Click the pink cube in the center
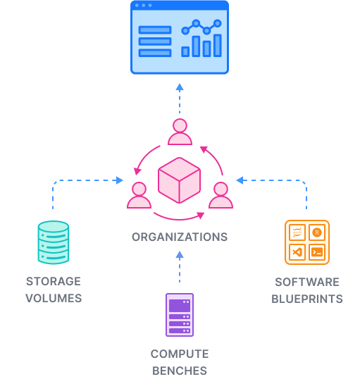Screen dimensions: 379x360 pos(180,181)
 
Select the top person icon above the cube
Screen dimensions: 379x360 pos(180,132)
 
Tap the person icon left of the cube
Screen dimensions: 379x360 pos(139,195)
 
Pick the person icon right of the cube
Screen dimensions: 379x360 pos(221,195)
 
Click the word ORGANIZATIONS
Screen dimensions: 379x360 pos(180,237)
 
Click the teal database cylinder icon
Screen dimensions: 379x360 pos(54,243)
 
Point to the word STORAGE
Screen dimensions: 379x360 pos(54,281)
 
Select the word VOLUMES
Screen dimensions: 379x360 pos(54,298)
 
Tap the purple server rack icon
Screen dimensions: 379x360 pos(180,315)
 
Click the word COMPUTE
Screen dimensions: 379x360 pos(180,354)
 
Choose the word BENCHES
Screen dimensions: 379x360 pos(180,371)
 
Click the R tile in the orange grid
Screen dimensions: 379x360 pos(317,232)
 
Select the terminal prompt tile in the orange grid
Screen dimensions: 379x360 pos(317,251)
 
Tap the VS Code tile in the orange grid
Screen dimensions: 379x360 pos(297,251)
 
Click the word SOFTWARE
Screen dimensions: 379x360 pos(307,282)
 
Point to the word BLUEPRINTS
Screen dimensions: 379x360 pos(307,299)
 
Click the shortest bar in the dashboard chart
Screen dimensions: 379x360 pos(185,51)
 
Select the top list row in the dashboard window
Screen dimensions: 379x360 pos(155,30)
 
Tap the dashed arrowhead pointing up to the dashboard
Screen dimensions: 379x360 pos(180,87)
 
